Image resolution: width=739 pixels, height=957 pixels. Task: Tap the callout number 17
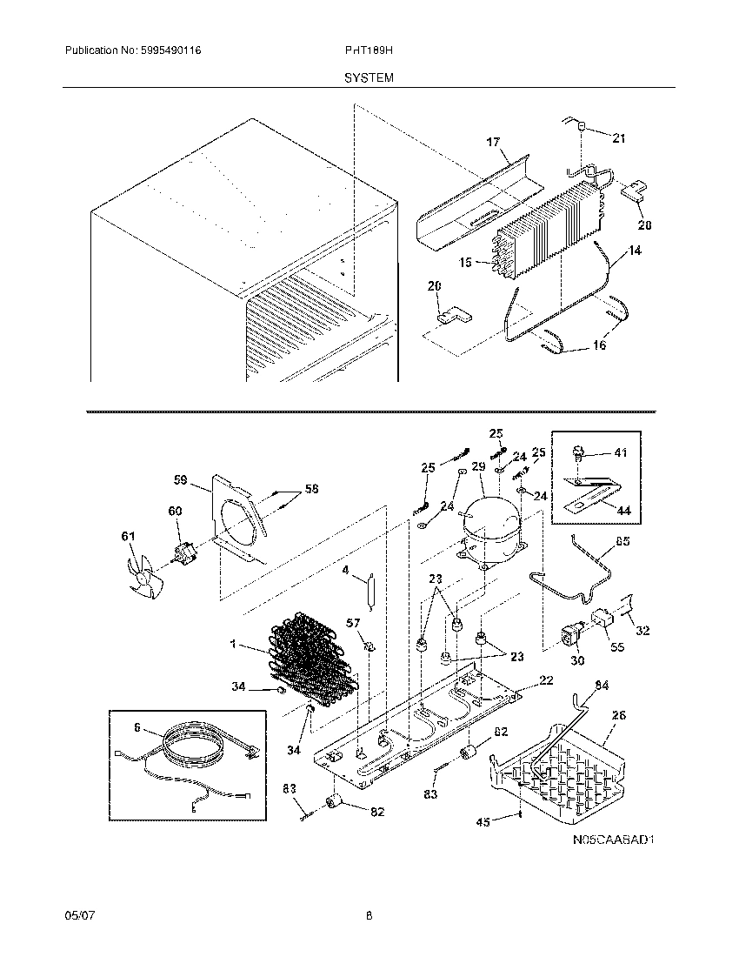tap(493, 142)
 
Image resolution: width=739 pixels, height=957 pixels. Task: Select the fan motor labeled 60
tap(183, 552)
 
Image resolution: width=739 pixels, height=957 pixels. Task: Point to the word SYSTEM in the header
tap(369, 77)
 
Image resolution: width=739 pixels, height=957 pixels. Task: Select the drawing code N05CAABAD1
tap(612, 840)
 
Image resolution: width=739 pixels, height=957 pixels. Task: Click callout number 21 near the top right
tap(619, 138)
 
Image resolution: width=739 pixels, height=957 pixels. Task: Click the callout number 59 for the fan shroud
tap(181, 478)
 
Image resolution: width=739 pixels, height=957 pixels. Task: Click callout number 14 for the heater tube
tap(636, 251)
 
